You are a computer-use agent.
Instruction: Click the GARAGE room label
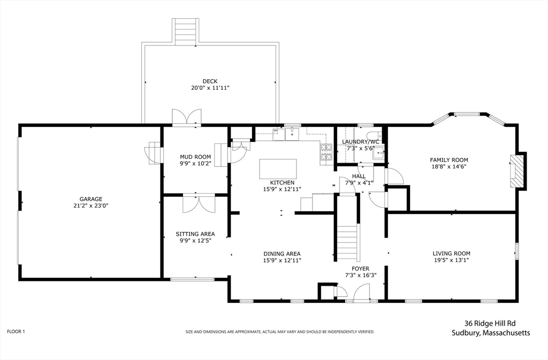pos(90,199)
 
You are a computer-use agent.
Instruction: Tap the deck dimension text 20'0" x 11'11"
pos(210,88)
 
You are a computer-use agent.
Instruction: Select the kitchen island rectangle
pos(278,168)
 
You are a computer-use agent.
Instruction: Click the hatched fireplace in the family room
pos(514,171)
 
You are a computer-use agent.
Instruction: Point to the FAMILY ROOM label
pos(449,160)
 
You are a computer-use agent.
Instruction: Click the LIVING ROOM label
pos(451,254)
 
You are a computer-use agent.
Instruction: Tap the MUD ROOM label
pos(195,157)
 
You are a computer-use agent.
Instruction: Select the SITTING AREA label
pos(195,234)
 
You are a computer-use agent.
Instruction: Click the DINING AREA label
pos(282,254)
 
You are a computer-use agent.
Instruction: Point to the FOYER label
pos(360,269)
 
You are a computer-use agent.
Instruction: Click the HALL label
pos(359,177)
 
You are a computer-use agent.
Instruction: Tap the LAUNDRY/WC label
pos(360,142)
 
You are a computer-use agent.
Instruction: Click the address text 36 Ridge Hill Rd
pos(490,324)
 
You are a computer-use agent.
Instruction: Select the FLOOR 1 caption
pos(16,331)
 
